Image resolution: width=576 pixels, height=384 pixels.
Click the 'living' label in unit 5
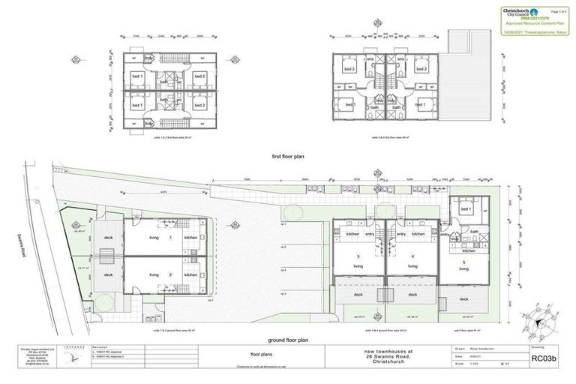coord(463,268)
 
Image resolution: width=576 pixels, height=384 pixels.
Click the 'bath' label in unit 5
coord(475,232)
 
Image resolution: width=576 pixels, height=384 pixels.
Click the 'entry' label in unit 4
coord(401,234)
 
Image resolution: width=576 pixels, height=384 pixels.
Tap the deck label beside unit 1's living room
coord(108,238)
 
